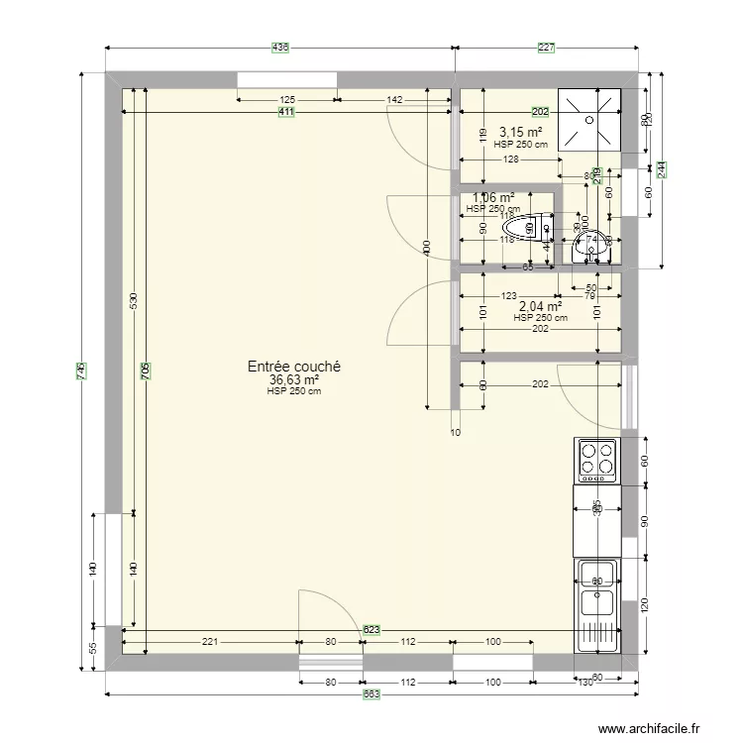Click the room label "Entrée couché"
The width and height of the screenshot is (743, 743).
click(x=294, y=366)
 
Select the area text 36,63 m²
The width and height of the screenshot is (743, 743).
click(x=294, y=378)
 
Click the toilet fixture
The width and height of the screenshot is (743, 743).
click(x=538, y=228)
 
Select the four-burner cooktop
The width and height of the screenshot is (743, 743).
click(x=596, y=459)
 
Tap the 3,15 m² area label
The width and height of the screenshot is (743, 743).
click(x=520, y=132)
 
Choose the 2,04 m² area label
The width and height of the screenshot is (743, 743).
click(x=540, y=306)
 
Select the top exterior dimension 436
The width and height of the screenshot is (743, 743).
click(x=280, y=48)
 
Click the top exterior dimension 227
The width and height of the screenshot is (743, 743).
click(x=546, y=48)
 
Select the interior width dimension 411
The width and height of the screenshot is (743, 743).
click(x=286, y=112)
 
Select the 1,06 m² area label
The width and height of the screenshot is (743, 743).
click(x=492, y=198)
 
